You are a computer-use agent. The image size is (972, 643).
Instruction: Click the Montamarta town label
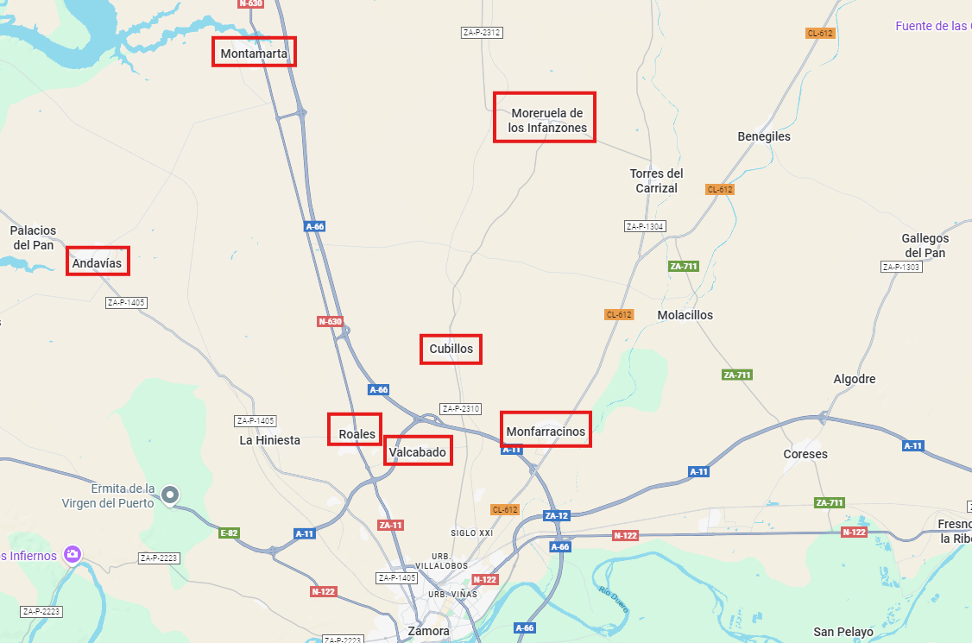coord(254,54)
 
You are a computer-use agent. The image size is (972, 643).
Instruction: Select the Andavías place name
coord(98,262)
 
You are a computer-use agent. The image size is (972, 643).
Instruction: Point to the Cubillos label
coord(451,349)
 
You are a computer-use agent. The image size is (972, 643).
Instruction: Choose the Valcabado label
coord(417,451)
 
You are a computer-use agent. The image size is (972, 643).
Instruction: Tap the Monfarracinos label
coord(546,431)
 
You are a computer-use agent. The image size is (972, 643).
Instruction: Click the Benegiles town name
coord(764,136)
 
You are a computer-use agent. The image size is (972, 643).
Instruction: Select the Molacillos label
coord(685,315)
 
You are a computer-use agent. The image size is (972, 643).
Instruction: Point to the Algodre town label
coord(854,379)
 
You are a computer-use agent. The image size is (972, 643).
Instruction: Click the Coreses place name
coord(805,454)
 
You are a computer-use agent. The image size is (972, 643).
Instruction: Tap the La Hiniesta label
coord(269,440)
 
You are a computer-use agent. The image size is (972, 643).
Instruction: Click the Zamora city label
coord(428,631)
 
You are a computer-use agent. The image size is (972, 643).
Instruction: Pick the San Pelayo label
coord(843,632)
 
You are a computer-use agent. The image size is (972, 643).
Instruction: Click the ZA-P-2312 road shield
coord(482,33)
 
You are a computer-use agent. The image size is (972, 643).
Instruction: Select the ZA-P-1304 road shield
coord(645,226)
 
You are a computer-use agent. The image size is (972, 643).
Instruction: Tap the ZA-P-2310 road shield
coord(460,408)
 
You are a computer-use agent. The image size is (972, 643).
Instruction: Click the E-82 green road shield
coord(229,533)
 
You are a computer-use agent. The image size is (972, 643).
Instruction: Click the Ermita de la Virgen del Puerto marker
coord(171,495)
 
